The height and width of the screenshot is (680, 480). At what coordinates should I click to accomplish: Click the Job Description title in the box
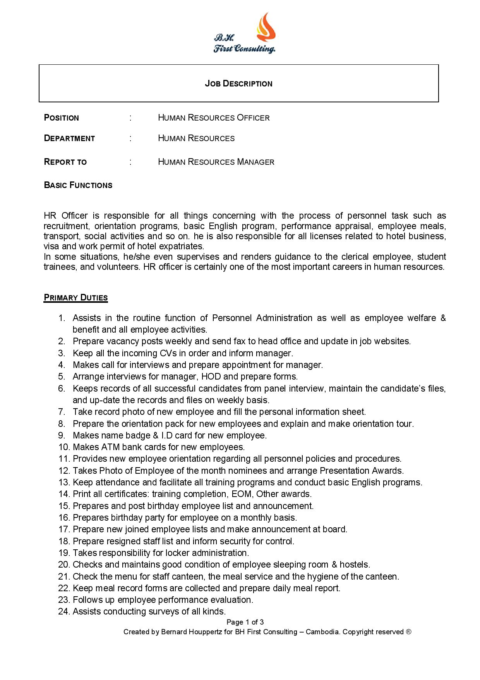pos(238,84)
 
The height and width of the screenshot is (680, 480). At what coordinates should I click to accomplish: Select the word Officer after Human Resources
pos(253,118)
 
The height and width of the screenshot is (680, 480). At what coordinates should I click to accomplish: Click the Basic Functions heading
pos(78,185)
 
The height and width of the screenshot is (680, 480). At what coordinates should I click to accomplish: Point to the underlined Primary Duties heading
pos(75,298)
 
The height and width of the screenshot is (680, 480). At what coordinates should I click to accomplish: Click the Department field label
pos(70,138)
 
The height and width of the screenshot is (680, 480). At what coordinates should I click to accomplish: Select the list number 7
pos(62,412)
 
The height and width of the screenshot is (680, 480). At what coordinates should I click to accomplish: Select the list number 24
pos(64,611)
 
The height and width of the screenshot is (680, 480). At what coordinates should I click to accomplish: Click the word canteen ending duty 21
pos(383,576)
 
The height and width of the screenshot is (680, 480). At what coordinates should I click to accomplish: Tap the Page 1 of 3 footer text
pos(245,622)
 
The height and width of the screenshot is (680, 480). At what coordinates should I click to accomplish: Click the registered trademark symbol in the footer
pos(408,632)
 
